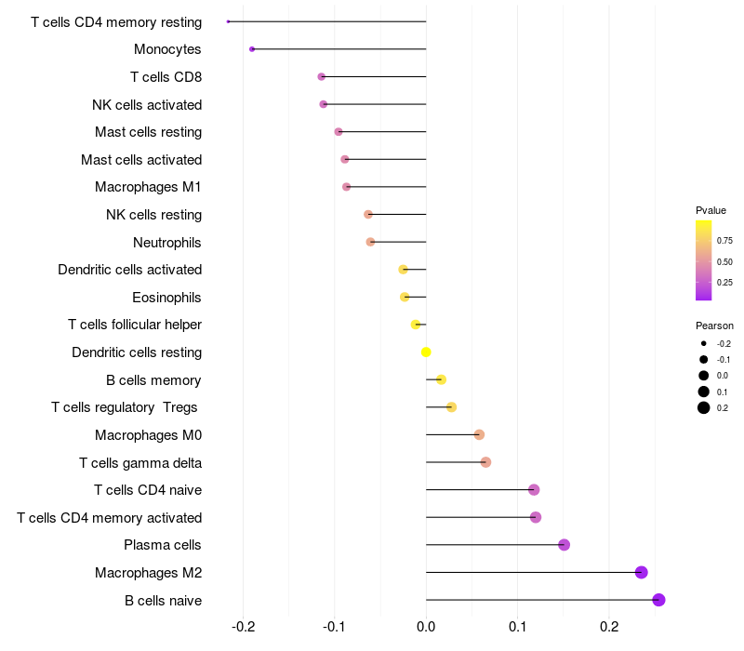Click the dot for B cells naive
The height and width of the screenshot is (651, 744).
[659, 600]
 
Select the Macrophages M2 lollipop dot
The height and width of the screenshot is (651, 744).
[641, 572]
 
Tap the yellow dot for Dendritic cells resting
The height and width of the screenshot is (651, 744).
[426, 352]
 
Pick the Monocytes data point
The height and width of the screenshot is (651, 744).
[252, 48]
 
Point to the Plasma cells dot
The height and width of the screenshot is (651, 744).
[564, 545]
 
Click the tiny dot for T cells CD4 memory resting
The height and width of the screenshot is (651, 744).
[228, 21]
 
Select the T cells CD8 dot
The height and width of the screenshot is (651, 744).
[322, 76]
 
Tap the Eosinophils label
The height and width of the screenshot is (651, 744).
[167, 298]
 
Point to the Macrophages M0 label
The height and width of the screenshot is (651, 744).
[148, 435]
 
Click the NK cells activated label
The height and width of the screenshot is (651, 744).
[147, 104]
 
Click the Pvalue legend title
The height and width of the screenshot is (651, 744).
[711, 210]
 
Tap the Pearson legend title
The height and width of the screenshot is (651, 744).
[714, 325]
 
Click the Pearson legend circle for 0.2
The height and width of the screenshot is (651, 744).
[704, 407]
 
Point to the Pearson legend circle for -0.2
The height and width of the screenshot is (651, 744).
[704, 344]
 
